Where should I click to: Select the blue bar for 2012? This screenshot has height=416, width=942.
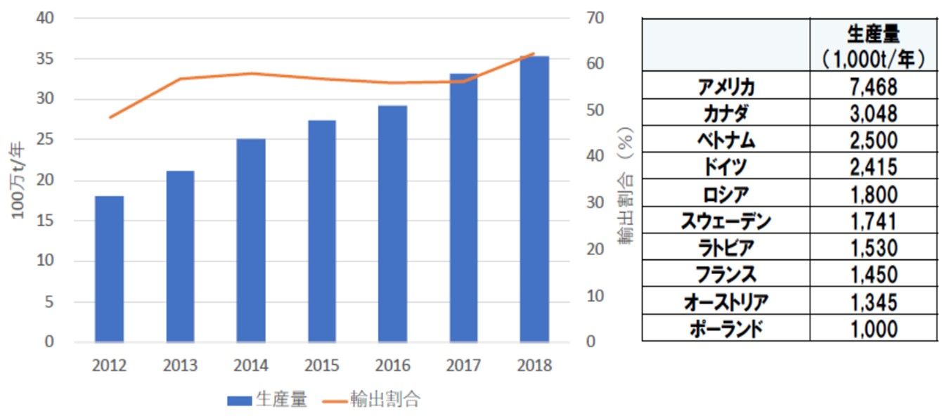110,268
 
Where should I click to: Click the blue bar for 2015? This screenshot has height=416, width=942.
322,231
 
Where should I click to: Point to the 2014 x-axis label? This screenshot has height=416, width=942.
251,365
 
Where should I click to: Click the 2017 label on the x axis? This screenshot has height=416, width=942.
463,365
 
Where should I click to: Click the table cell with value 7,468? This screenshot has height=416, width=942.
873,86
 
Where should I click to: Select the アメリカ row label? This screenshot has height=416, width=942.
726,86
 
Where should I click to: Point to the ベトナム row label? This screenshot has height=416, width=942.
726,140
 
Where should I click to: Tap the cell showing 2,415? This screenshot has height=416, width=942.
873,167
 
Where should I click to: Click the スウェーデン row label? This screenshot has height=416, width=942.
726,221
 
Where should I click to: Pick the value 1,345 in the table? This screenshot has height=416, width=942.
873,302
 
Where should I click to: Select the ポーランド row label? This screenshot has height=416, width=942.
726,329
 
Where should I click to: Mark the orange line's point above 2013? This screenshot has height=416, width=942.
180,79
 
